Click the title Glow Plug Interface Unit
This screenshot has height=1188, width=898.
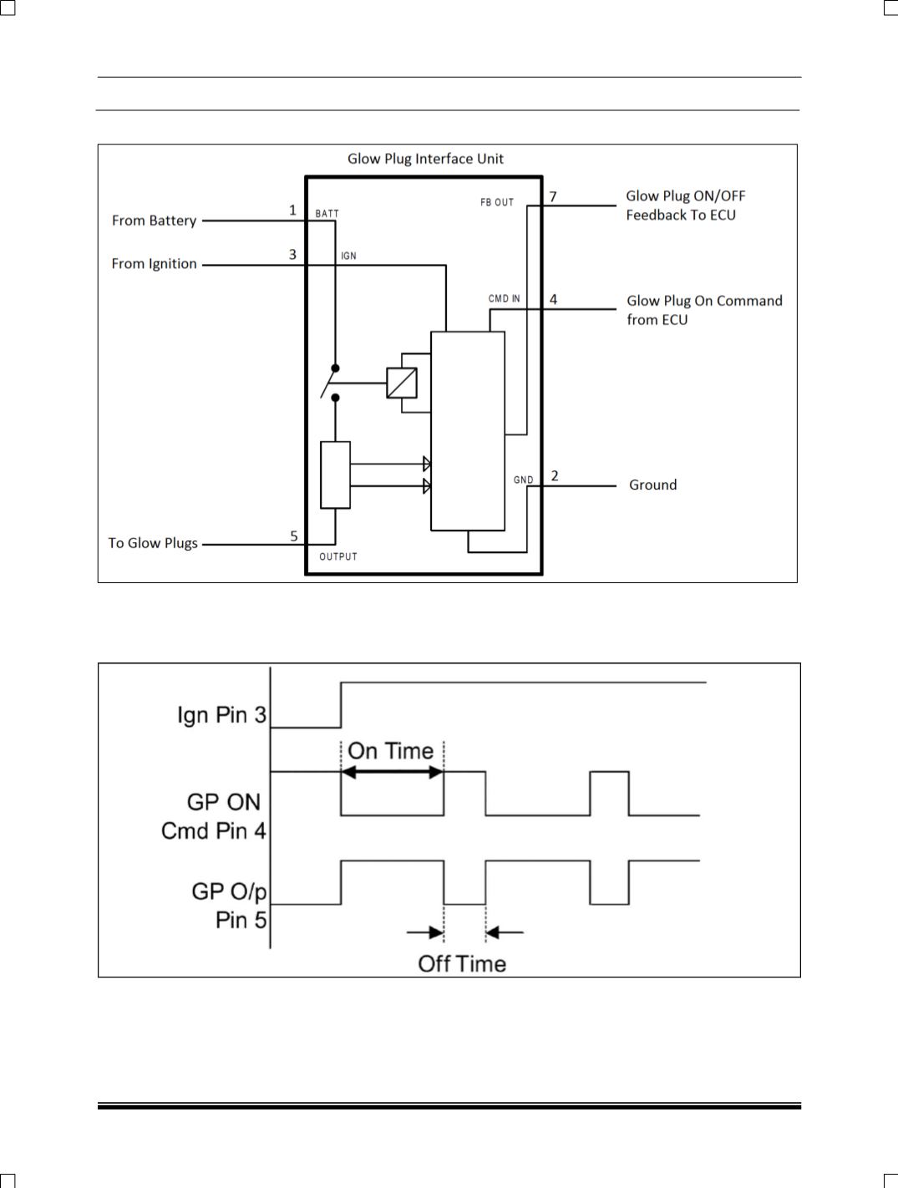click(425, 159)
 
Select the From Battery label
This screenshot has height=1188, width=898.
click(154, 221)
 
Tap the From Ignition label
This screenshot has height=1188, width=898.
click(154, 263)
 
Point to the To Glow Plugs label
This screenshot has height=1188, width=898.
click(153, 543)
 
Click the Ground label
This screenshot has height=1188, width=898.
click(652, 485)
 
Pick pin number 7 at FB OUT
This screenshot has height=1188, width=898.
click(553, 196)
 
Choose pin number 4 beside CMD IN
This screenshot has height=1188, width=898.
click(553, 299)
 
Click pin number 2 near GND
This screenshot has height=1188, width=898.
click(555, 475)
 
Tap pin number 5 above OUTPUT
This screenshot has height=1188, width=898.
click(294, 536)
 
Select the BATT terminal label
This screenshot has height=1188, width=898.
click(327, 214)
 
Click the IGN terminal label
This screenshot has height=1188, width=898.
click(348, 256)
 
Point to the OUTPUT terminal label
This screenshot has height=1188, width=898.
click(338, 556)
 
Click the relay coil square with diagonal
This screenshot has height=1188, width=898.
click(402, 383)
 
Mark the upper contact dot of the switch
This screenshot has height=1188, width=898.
click(336, 368)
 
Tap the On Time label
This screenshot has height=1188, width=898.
click(391, 751)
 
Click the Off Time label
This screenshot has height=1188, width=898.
click(462, 964)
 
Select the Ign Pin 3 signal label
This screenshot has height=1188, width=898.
click(222, 715)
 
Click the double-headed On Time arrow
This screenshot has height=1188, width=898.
click(393, 772)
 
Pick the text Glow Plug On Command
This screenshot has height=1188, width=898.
click(704, 301)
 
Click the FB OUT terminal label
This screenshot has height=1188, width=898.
click(496, 202)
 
